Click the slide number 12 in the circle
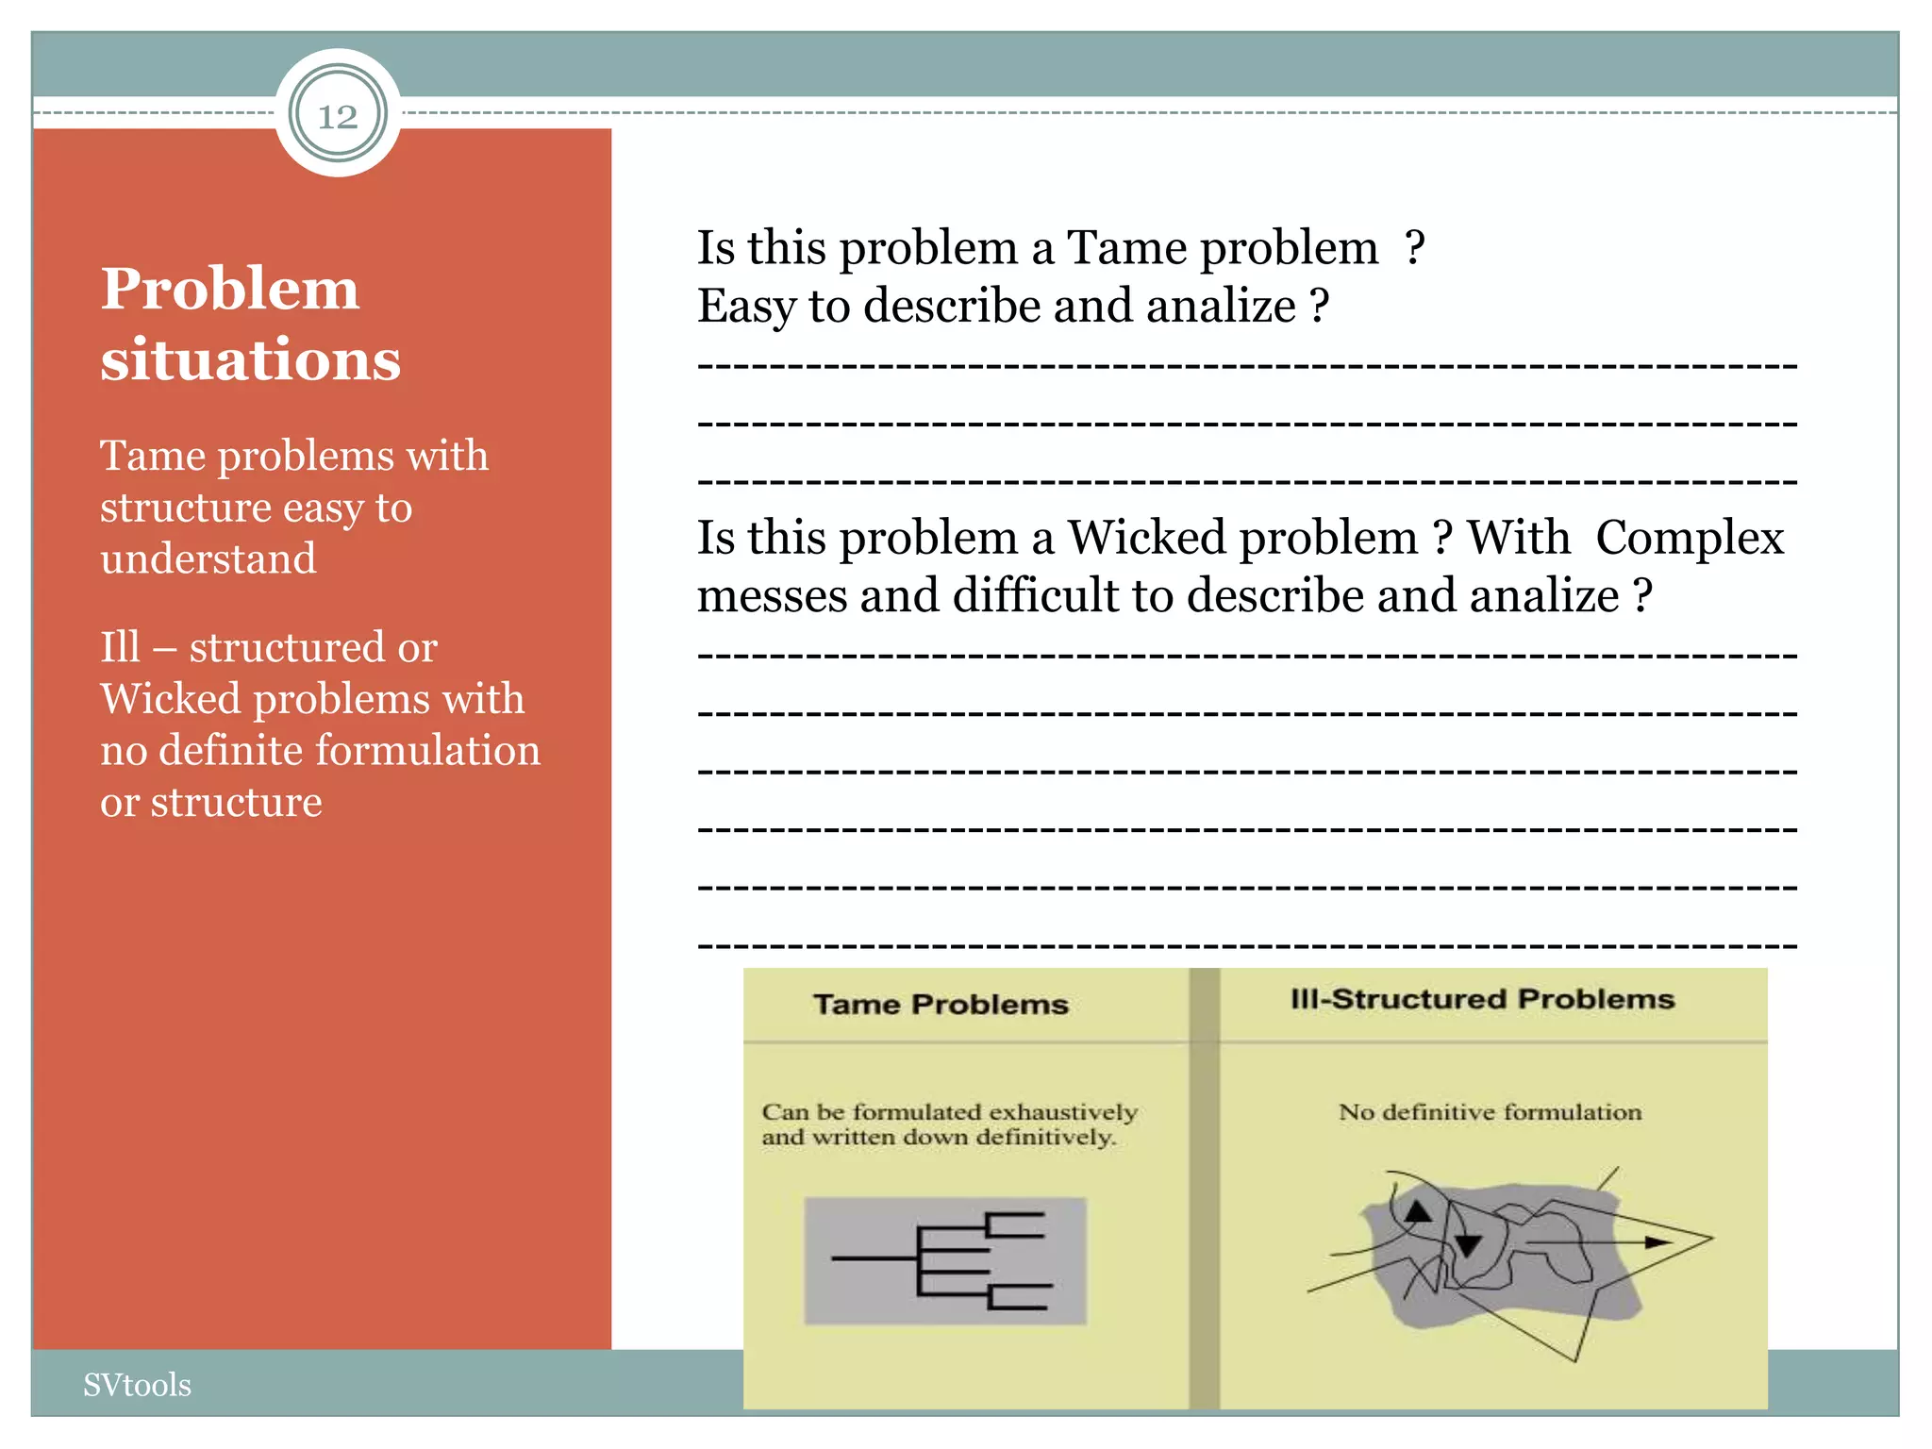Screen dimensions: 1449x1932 [x=338, y=116]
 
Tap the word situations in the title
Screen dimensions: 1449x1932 [x=250, y=360]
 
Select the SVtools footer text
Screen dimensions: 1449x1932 [x=137, y=1385]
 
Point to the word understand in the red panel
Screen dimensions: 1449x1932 [x=208, y=558]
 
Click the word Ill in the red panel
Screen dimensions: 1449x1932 [x=120, y=647]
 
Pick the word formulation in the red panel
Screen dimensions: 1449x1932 [x=427, y=751]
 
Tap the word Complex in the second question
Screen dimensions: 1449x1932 [x=1690, y=538]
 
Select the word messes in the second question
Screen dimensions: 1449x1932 [x=772, y=596]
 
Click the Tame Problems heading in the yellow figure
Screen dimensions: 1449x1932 [x=941, y=1004]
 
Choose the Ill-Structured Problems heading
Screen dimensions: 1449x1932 [x=1482, y=999]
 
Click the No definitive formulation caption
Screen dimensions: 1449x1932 [x=1490, y=1112]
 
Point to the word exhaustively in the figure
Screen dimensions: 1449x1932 [x=1062, y=1112]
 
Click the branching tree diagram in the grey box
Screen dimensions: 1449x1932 [x=944, y=1260]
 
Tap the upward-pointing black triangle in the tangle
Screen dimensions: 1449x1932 [x=1418, y=1211]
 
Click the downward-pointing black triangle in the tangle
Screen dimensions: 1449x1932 [x=1467, y=1245]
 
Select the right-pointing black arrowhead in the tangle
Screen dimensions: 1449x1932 [x=1657, y=1242]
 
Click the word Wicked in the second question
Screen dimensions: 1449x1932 [x=1146, y=538]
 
